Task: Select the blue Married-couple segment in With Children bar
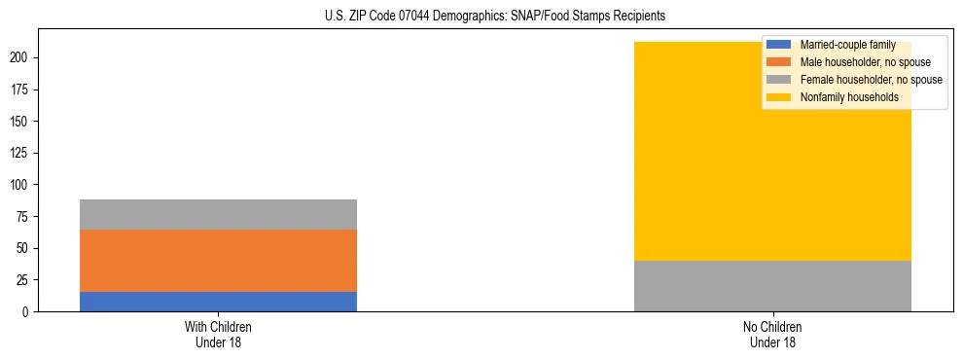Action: tap(218, 302)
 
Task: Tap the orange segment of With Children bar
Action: tap(218, 261)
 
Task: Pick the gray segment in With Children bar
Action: tap(218, 214)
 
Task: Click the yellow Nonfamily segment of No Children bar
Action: tap(772, 151)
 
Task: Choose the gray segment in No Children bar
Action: tap(772, 286)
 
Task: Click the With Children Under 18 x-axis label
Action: tap(218, 334)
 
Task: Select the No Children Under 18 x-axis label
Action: tap(772, 334)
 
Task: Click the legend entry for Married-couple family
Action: tap(847, 45)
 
